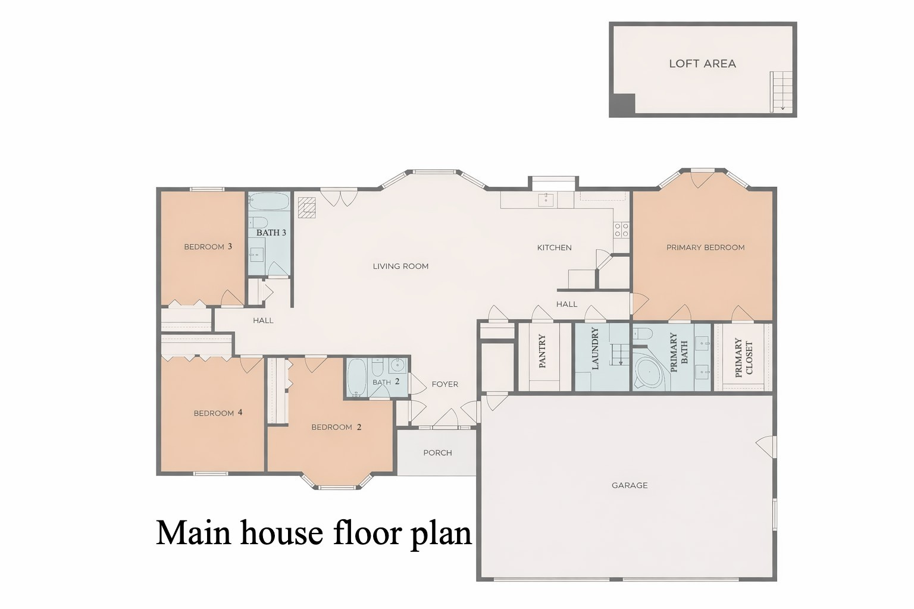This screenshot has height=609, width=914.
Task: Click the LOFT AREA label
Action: pyautogui.click(x=702, y=64)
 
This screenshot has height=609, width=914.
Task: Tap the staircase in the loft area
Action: pyautogui.click(x=782, y=90)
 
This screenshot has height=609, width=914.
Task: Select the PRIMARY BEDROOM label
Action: pyautogui.click(x=705, y=247)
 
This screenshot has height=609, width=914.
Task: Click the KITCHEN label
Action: pyautogui.click(x=554, y=247)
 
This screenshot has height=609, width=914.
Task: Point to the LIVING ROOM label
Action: pyautogui.click(x=400, y=266)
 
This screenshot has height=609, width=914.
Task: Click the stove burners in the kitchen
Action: pyautogui.click(x=621, y=230)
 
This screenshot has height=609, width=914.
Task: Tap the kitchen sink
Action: pyautogui.click(x=546, y=199)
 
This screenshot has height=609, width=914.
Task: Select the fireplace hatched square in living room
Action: pyautogui.click(x=307, y=208)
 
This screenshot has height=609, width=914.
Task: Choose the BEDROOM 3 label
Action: pyautogui.click(x=208, y=247)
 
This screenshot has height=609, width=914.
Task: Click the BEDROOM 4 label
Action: pyautogui.click(x=218, y=413)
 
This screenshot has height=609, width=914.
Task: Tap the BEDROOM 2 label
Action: pyautogui.click(x=336, y=427)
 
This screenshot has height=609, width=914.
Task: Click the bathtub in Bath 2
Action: pyautogui.click(x=357, y=378)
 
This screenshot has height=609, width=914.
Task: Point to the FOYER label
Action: pyautogui.click(x=445, y=384)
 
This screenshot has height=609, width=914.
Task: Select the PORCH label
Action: pyautogui.click(x=437, y=453)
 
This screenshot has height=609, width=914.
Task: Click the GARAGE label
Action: pyautogui.click(x=630, y=485)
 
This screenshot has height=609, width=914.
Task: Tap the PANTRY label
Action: pyautogui.click(x=542, y=351)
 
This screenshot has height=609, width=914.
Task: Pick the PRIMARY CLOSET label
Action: pyautogui.click(x=744, y=358)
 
